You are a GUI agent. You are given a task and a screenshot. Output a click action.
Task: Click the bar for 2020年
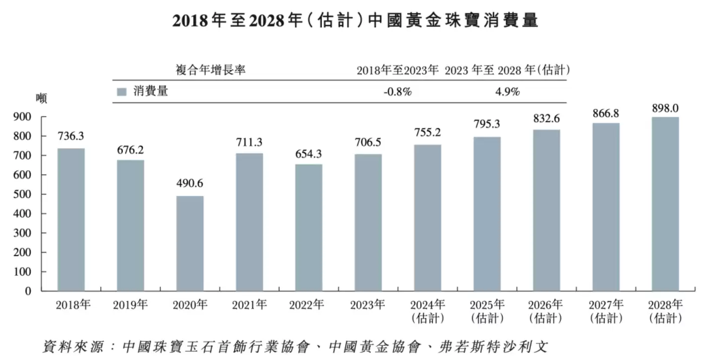coord(190,244)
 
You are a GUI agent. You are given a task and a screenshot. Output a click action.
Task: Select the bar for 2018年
coord(71,219)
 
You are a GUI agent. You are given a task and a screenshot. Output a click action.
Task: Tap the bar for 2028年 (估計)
coord(665,204)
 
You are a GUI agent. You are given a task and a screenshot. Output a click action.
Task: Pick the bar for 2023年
coord(368,222)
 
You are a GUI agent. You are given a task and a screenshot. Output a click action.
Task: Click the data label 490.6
coord(190,184)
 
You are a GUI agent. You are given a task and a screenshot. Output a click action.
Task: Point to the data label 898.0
coord(665,108)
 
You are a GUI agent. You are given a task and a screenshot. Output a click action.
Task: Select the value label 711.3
coord(249,143)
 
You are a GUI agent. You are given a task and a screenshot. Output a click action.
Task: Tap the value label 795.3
coord(487,124)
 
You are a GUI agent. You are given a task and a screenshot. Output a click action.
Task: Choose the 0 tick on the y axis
coord(29,291)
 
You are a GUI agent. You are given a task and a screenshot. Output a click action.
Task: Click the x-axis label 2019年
coord(131,305)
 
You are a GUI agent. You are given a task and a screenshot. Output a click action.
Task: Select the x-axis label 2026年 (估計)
coord(546,311)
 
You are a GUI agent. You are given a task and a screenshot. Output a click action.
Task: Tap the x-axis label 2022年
coord(308,305)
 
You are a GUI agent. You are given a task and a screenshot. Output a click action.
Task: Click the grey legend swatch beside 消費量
coord(121,92)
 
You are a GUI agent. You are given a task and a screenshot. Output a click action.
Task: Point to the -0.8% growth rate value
coord(398,92)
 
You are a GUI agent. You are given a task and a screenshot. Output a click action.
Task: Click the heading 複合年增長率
coord(210,70)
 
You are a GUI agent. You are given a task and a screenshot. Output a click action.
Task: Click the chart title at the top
coord(355,20)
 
